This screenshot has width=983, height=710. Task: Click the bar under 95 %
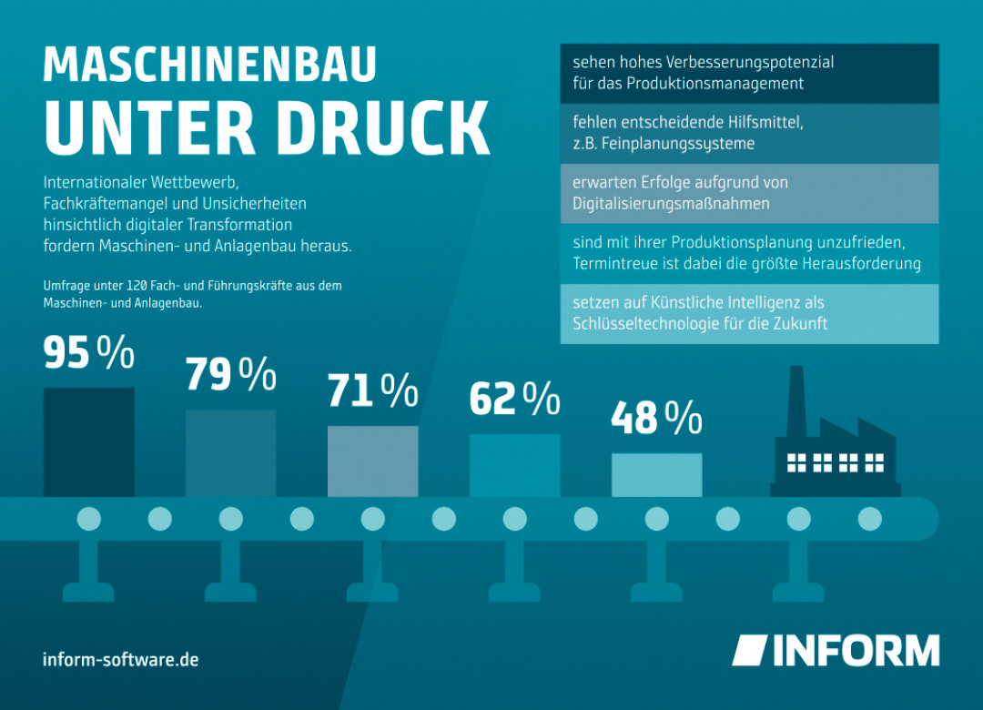(x=89, y=441)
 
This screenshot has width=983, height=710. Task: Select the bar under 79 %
(x=231, y=452)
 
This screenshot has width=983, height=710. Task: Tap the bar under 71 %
(x=373, y=461)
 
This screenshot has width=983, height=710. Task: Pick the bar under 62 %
(x=515, y=465)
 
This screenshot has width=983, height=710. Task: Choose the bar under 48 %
(x=657, y=474)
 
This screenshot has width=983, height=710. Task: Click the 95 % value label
(x=89, y=354)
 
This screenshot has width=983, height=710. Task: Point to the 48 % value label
(x=656, y=419)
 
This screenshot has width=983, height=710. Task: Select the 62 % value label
(x=514, y=400)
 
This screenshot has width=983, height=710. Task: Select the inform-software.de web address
(x=120, y=659)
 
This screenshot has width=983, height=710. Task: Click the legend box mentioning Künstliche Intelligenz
(x=749, y=313)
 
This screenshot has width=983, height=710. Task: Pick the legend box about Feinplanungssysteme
(x=749, y=133)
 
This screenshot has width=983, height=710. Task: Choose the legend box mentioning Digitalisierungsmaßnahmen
(x=749, y=193)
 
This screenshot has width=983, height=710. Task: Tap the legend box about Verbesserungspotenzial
(x=749, y=73)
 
